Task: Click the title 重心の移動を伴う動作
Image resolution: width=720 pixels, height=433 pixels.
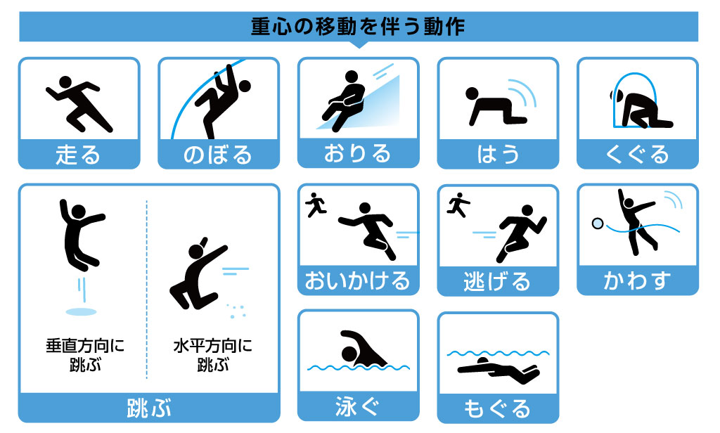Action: click(358, 26)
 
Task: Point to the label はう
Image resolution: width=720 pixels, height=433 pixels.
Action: click(498, 155)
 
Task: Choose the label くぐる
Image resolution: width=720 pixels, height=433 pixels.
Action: click(637, 155)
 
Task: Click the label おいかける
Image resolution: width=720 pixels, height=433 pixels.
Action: click(358, 281)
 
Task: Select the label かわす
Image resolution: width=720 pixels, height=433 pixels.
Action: click(637, 281)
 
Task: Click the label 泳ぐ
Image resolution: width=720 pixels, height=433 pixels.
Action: click(358, 406)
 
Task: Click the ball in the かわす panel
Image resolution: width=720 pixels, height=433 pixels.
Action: click(598, 224)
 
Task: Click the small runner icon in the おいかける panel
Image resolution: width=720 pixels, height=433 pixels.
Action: click(316, 205)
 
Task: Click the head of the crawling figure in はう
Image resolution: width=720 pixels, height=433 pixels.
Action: click(472, 93)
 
